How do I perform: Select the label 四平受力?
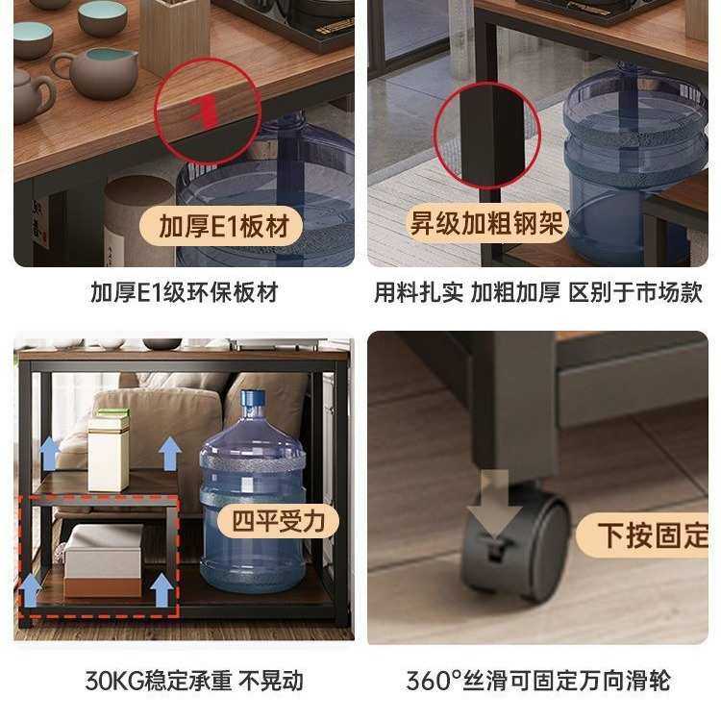[279, 522]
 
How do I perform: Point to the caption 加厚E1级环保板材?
[184, 292]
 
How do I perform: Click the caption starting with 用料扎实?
[537, 292]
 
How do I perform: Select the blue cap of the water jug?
[253, 399]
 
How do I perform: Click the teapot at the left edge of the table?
[32, 96]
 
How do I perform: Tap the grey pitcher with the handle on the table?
[97, 73]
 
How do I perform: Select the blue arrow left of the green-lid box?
[49, 453]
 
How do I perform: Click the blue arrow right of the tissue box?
[162, 588]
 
